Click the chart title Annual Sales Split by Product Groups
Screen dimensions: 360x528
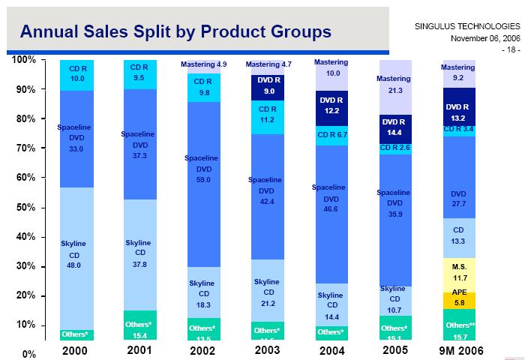click(x=175, y=31)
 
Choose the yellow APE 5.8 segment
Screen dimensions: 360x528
click(x=459, y=301)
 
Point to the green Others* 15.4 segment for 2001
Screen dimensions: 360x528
click(x=140, y=327)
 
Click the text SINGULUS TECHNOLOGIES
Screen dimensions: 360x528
click(x=466, y=26)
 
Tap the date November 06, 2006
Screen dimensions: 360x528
click(x=485, y=37)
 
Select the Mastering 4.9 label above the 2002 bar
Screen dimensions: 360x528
click(x=204, y=65)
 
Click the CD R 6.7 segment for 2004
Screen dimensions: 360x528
click(x=331, y=136)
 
